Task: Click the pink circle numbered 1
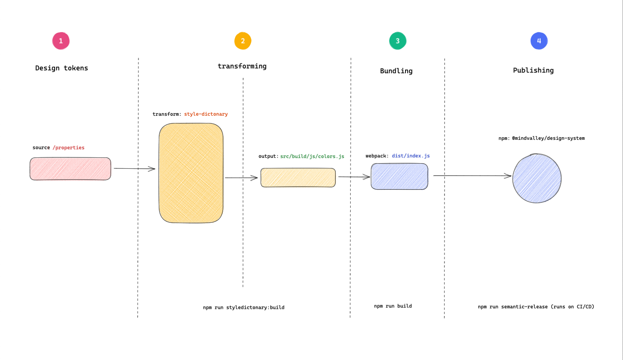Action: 61,41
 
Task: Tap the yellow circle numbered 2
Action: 243,41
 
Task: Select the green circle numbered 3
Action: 397,41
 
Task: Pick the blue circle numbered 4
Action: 539,41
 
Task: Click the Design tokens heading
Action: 61,68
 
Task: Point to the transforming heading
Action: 242,66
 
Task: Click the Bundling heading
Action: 396,71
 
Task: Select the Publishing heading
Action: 533,70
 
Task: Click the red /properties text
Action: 69,148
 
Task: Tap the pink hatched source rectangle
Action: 70,169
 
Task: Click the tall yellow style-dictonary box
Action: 191,173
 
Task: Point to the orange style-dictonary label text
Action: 206,114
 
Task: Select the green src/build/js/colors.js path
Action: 312,157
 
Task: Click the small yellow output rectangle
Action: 298,178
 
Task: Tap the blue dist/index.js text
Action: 411,156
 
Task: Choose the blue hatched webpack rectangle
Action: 399,176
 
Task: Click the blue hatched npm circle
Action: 537,179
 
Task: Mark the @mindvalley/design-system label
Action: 548,138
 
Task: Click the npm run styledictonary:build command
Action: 243,307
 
